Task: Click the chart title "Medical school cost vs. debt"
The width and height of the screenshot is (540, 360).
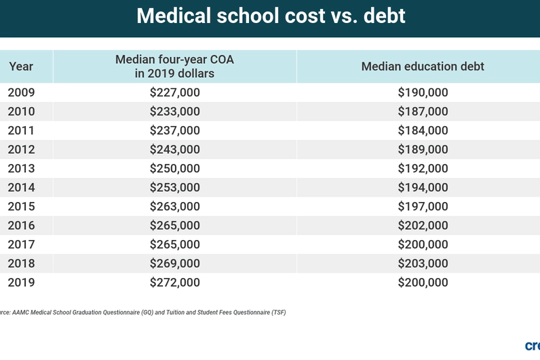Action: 271,16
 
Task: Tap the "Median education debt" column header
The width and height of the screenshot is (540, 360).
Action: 422,67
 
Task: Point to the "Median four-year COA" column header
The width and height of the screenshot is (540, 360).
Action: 174,66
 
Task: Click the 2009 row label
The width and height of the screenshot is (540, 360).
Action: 21,93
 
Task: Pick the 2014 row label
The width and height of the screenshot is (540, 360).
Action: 21,188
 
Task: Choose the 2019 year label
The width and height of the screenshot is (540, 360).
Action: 21,283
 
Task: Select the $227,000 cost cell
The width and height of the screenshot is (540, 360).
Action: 174,93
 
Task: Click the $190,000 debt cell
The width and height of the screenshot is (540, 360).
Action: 423,93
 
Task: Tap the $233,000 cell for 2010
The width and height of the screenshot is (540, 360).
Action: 174,112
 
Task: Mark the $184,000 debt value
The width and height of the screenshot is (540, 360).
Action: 423,131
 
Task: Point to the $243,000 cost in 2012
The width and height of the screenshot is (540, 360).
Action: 174,150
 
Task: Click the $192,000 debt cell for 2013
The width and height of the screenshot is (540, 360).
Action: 423,169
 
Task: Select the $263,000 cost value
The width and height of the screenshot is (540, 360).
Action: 174,207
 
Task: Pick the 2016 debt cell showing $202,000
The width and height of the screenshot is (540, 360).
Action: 423,226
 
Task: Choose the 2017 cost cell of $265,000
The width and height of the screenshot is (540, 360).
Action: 174,245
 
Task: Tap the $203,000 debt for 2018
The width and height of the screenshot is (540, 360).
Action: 423,264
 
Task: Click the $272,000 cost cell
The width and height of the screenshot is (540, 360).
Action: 174,283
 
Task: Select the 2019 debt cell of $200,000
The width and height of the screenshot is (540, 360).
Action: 423,283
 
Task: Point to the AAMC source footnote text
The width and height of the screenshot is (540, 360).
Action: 142,313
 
